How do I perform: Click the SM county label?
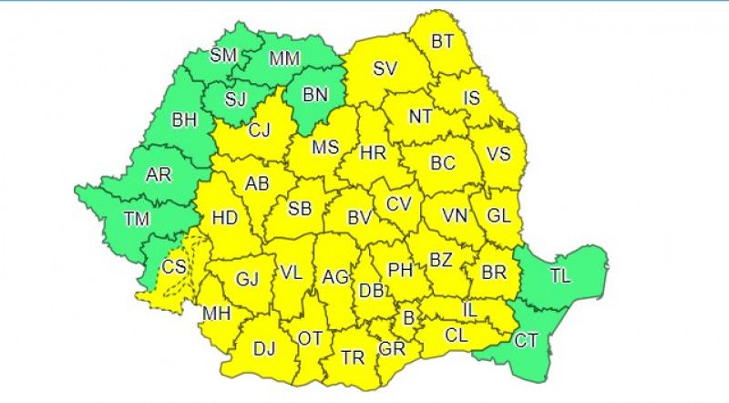pos(223,55)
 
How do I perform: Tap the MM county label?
pos(284,60)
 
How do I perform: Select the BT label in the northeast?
pos(442,41)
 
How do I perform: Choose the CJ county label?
pos(260,130)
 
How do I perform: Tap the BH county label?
pos(185,119)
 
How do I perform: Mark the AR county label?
pos(160,174)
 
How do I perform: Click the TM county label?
pos(138,219)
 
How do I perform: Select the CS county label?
pos(174,267)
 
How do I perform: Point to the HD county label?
pos(223,219)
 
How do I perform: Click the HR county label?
pos(374,152)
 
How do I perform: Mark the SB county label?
pos(300,209)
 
